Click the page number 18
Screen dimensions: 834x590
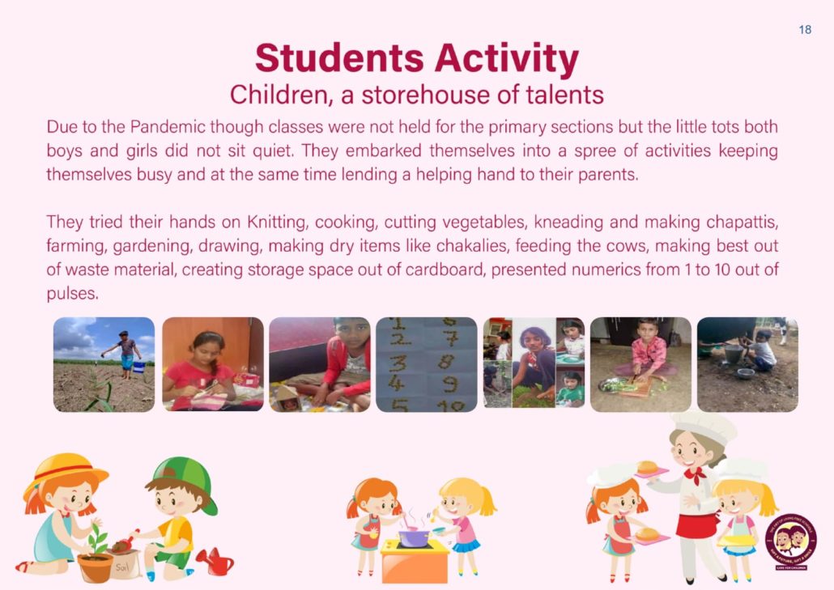(x=805, y=29)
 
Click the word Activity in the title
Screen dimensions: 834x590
(x=506, y=58)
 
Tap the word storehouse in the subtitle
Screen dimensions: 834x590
(x=427, y=95)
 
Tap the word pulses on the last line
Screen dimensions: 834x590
(x=72, y=294)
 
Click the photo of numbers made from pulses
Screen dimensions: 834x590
(x=427, y=365)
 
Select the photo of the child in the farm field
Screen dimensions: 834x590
(x=104, y=365)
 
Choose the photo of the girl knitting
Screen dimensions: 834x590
(x=213, y=365)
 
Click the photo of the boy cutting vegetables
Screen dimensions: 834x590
(x=641, y=365)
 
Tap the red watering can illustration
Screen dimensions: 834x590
(x=216, y=562)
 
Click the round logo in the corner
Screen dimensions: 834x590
(x=790, y=541)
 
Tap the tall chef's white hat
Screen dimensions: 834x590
(x=702, y=427)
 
